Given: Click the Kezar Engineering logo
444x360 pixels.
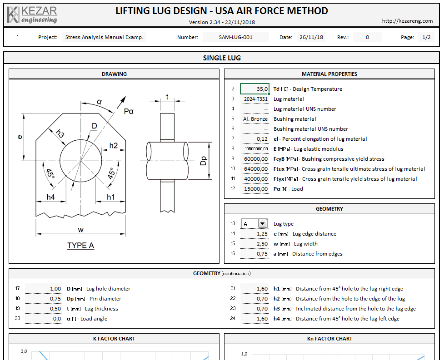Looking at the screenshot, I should coord(32,15).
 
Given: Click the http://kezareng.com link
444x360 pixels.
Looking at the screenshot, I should coord(407,21).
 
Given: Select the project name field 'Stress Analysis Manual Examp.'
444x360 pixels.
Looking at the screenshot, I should coord(104,38).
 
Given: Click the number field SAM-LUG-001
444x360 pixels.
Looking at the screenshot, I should coord(235,38).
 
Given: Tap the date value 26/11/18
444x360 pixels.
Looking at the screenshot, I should coord(311,38).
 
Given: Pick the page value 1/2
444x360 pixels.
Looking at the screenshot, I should coord(426,38).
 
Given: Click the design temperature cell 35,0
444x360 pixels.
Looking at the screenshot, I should coord(255,89).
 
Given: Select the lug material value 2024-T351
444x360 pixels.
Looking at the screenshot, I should coord(255,99).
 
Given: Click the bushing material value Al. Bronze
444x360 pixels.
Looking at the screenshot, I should coord(255,119).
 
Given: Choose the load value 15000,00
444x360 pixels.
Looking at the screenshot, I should coord(255,189).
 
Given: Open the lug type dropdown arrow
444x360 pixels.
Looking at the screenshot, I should coord(262,223).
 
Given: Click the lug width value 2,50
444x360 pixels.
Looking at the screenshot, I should coord(255,244).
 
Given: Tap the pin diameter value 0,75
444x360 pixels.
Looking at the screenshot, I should coord(44,299).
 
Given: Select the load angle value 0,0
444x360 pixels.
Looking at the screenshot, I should coord(44,319).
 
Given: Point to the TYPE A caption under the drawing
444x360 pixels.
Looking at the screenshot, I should coord(80,246).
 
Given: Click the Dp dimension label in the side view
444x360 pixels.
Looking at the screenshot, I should coord(204,161).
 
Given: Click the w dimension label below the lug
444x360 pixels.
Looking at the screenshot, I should coord(81,229).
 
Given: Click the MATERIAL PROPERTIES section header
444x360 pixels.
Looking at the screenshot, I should coord(329,74).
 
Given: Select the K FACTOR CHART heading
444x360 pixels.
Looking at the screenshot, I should coord(114,339).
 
